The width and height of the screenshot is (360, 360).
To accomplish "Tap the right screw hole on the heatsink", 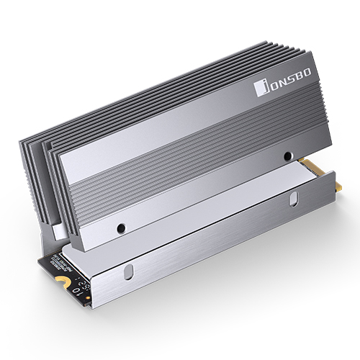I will tap(287, 156).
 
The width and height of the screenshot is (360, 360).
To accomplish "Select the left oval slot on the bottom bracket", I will tap(129, 273).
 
